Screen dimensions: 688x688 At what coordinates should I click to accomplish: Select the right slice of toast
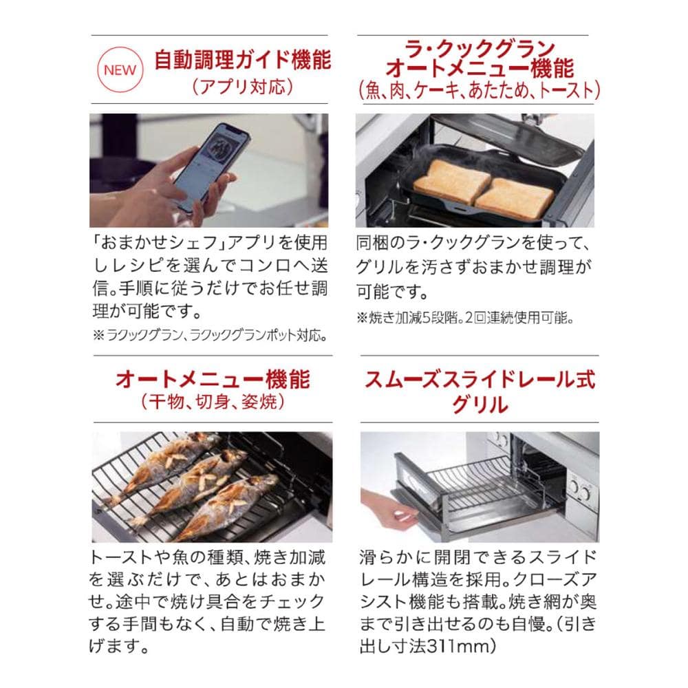click(515, 198)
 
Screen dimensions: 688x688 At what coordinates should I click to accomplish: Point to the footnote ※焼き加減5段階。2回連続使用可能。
click(465, 318)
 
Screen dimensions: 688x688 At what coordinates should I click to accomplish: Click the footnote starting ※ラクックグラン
click(209, 336)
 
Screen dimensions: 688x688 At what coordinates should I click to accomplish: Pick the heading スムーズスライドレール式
click(480, 379)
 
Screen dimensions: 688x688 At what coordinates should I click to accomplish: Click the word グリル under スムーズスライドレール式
click(480, 405)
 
